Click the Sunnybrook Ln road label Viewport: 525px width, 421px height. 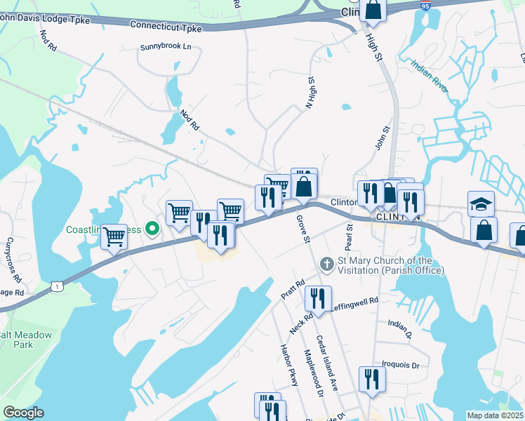tap(166, 46)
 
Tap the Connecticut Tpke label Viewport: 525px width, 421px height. tap(166, 28)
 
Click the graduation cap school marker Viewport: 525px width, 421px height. tap(481, 203)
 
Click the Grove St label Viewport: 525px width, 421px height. tap(303, 229)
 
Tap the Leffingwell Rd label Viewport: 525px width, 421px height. tap(354, 300)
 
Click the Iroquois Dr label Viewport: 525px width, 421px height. tap(400, 366)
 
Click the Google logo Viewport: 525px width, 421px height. tap(23, 413)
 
